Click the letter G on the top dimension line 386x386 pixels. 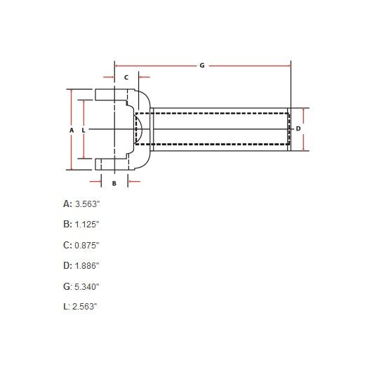tap(201, 65)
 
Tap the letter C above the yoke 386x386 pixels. tap(126, 76)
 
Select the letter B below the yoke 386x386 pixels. tap(114, 182)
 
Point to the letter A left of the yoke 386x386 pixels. tap(71, 130)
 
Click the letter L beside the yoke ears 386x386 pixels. tap(84, 130)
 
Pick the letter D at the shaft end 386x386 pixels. tap(298, 129)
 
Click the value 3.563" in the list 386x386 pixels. tap(88, 204)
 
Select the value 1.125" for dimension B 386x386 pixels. tap(88, 224)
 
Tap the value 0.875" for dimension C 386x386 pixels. tap(88, 245)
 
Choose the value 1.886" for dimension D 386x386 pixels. tap(88, 265)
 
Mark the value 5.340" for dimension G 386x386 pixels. tap(88, 286)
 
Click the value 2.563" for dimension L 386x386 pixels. tap(85, 307)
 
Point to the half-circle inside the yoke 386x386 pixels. tap(139, 130)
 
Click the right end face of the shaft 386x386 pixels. tap(288, 129)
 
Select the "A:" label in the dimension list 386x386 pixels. tap(67, 204)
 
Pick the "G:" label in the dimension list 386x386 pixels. tap(67, 286)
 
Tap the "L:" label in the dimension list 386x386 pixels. tap(67, 307)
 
